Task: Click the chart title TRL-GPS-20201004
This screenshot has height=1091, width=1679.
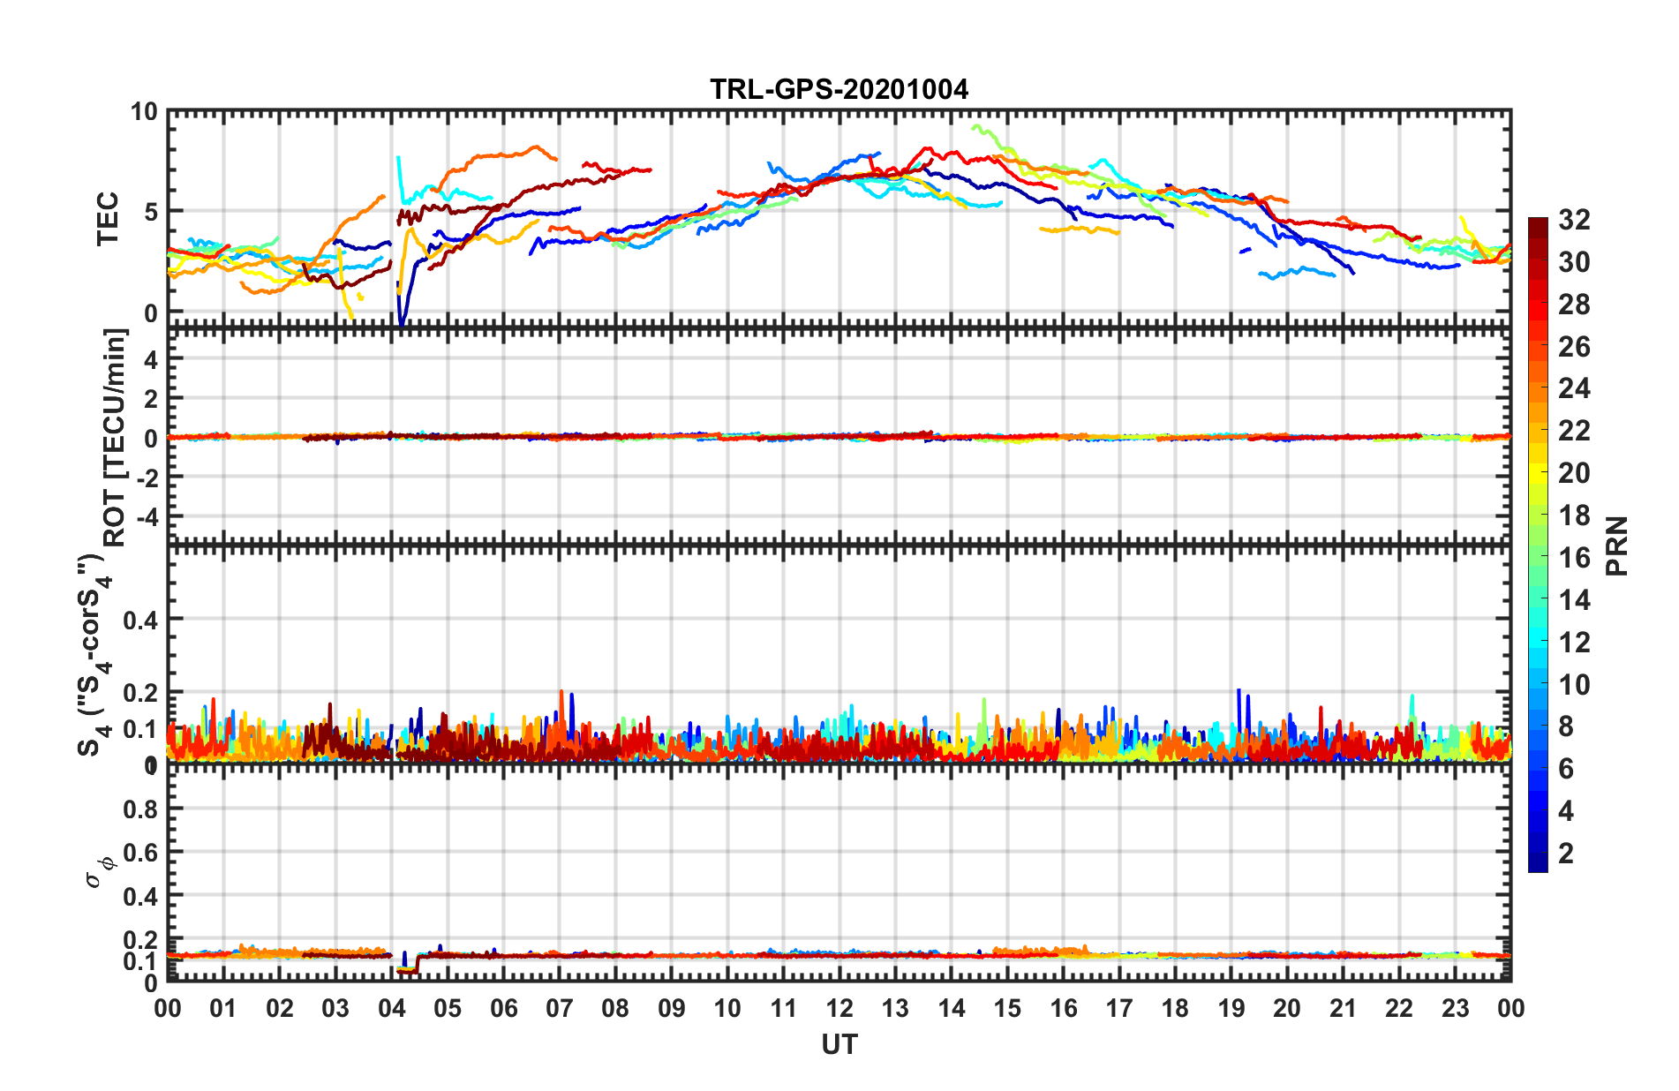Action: [x=839, y=89]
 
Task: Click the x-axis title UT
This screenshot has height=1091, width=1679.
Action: [x=839, y=1044]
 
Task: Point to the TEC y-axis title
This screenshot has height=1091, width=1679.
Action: [x=108, y=218]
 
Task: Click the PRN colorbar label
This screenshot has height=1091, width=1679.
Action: [x=1616, y=545]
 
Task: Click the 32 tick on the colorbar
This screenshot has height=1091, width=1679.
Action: [x=1574, y=220]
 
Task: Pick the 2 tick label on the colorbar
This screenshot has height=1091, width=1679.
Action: [x=1566, y=853]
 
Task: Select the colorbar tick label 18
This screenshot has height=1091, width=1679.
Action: [x=1574, y=515]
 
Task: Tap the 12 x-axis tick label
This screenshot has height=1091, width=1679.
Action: [x=839, y=1008]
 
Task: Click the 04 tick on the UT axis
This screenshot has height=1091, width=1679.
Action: [x=391, y=1008]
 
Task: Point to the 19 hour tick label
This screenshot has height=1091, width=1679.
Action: [x=1231, y=1008]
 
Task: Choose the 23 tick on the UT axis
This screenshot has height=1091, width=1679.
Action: [x=1455, y=1008]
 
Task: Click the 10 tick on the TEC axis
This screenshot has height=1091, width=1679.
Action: [x=143, y=112]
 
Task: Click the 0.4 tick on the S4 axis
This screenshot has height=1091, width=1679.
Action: [x=140, y=620]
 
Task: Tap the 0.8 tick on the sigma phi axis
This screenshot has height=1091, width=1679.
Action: [x=140, y=809]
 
